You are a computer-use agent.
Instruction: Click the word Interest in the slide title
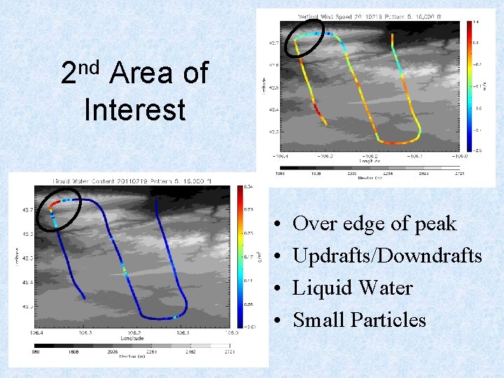click(x=134, y=110)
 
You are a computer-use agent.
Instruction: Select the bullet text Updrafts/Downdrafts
click(x=387, y=256)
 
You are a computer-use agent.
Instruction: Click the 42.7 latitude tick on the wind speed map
click(x=270, y=43)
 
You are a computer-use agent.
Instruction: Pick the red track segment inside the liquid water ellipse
click(x=52, y=207)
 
